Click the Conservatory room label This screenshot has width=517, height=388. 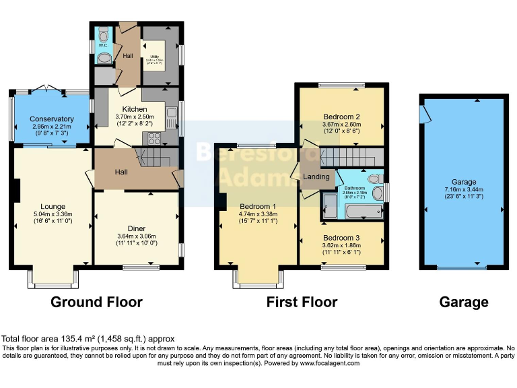click(52, 119)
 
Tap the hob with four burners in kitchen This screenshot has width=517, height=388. click(152, 139)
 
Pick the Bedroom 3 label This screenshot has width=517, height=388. click(341, 238)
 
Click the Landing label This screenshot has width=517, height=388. click(316, 177)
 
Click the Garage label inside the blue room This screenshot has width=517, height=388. click(464, 182)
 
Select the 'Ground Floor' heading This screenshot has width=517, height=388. click(96, 302)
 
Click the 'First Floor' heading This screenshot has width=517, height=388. click(302, 302)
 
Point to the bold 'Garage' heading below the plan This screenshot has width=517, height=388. click(464, 302)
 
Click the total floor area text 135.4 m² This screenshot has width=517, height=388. click(88, 339)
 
